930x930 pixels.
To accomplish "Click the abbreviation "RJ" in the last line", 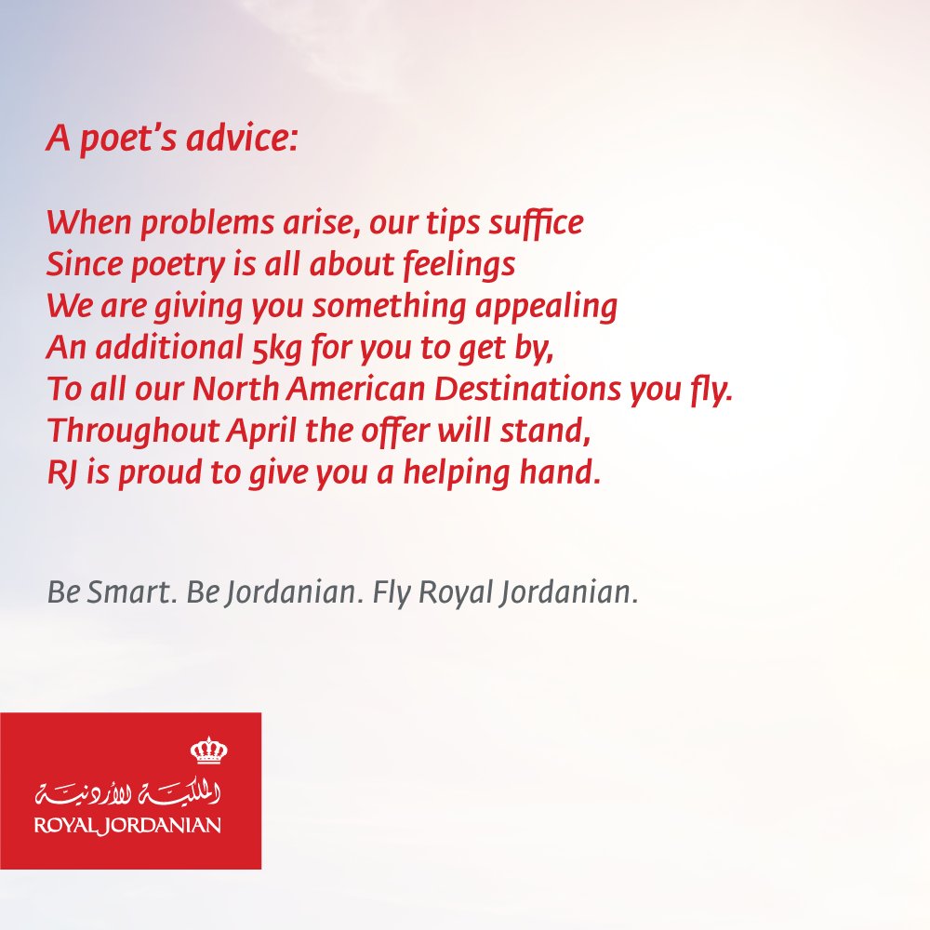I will point(60,473).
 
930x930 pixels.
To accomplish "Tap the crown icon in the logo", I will point(208,751).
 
